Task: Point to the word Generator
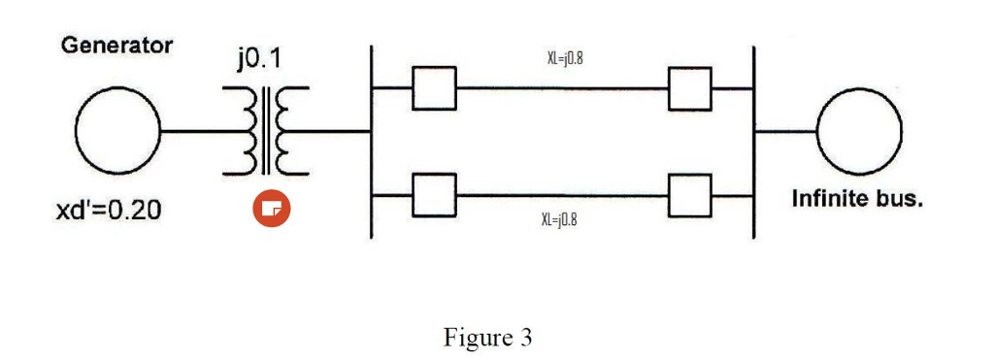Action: coord(117,45)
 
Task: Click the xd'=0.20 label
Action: coord(108,210)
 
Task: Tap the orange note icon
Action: coord(272,209)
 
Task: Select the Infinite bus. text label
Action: coord(857,200)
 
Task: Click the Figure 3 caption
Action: coord(487,337)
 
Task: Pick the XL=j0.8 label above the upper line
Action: coord(564,59)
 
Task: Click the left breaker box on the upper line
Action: coord(434,89)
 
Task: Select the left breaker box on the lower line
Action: coord(434,194)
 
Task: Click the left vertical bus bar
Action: coord(372,141)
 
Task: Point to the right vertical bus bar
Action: coord(754,141)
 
